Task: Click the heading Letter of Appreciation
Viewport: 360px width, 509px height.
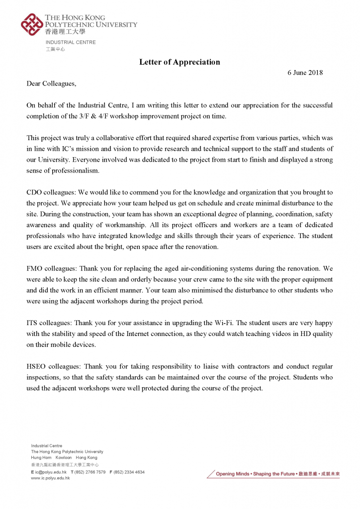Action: coord(180,62)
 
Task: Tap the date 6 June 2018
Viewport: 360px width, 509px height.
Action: coord(305,73)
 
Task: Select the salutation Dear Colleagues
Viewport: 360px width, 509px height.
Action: coord(52,83)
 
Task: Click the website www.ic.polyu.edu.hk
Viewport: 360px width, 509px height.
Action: coord(50,478)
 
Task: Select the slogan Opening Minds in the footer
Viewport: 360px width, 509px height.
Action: coord(232,474)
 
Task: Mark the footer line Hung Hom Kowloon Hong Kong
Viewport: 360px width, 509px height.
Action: coord(64,457)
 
